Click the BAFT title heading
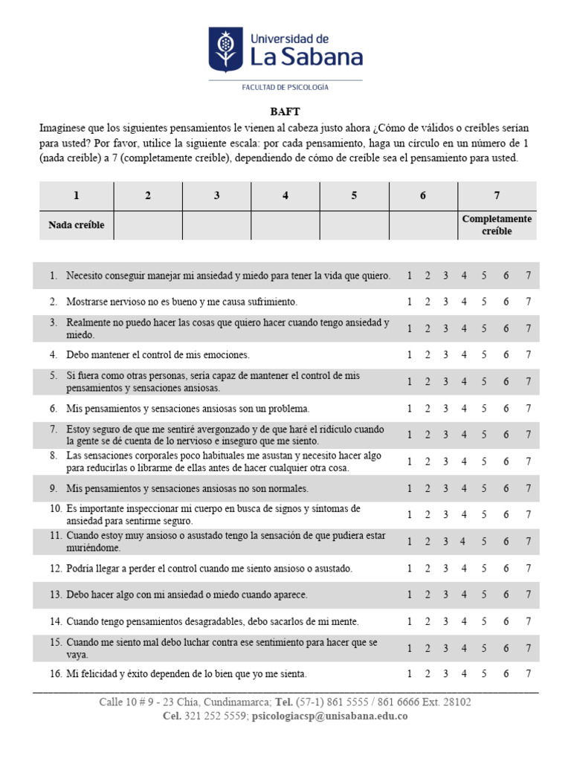pyautogui.click(x=285, y=111)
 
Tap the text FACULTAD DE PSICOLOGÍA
pyautogui.click(x=285, y=87)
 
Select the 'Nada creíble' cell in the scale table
pyautogui.click(x=77, y=224)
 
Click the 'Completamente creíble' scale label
pyautogui.click(x=497, y=224)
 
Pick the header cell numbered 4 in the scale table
pyautogui.click(x=285, y=195)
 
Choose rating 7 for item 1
pyautogui.click(x=528, y=276)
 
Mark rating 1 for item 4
pyautogui.click(x=410, y=355)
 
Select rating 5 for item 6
pyautogui.click(x=484, y=409)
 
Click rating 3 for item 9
pyautogui.click(x=445, y=488)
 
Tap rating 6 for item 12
pyautogui.click(x=506, y=569)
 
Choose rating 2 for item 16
pyautogui.click(x=428, y=674)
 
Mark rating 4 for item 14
pyautogui.click(x=463, y=621)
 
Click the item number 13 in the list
pyautogui.click(x=56, y=595)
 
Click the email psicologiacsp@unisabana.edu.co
pyautogui.click(x=329, y=716)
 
